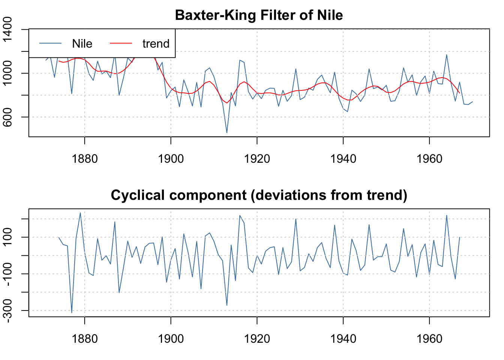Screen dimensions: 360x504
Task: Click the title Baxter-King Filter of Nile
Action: [x=259, y=15]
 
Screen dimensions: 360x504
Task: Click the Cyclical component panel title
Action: [x=259, y=195]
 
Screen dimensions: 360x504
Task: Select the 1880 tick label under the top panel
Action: [x=85, y=159]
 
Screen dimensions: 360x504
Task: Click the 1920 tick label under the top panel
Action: [x=257, y=159]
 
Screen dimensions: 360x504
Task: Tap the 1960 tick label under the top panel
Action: [x=429, y=159]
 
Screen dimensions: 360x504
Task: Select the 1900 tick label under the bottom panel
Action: [x=171, y=339]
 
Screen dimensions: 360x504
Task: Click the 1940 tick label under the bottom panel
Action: [x=343, y=339]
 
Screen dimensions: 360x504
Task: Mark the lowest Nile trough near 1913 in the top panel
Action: [x=227, y=133]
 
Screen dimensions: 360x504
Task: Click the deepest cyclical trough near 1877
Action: [x=72, y=313]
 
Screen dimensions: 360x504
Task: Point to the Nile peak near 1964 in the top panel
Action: [x=447, y=55]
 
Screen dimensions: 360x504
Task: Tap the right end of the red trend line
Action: [x=459, y=93]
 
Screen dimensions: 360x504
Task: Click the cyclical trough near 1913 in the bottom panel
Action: [x=227, y=305]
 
